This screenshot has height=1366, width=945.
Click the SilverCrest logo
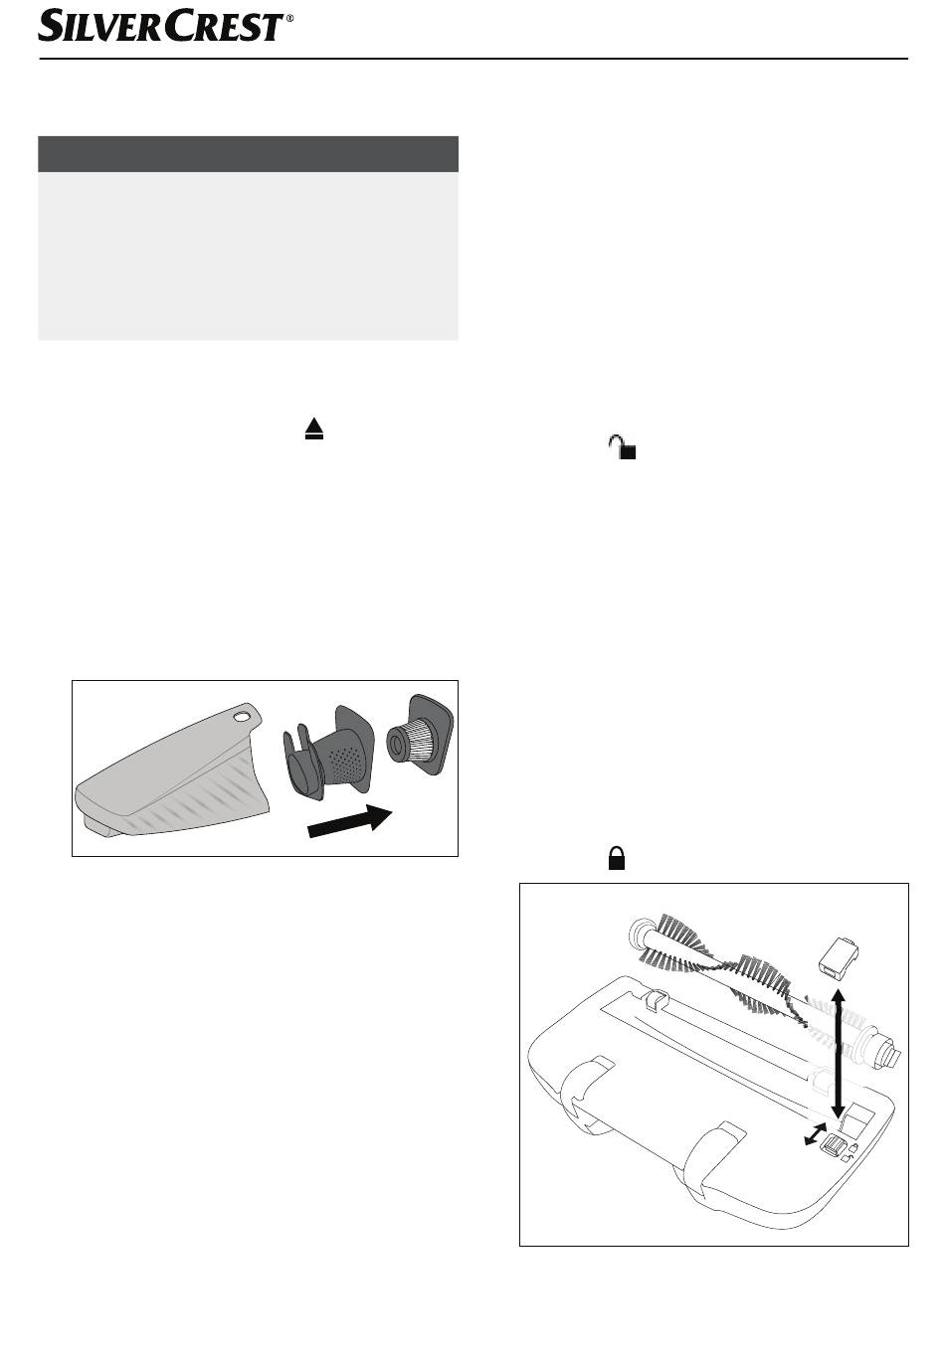tap(160, 25)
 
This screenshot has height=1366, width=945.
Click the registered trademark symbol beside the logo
tap(289, 19)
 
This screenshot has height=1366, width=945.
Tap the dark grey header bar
tap(248, 154)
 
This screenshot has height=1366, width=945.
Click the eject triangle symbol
tap(313, 428)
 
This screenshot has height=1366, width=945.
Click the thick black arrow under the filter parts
tap(349, 821)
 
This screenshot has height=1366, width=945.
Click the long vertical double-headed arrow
tap(838, 1052)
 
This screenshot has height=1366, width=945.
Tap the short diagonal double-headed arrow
tap(815, 1133)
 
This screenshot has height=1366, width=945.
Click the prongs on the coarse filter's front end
tap(297, 753)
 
